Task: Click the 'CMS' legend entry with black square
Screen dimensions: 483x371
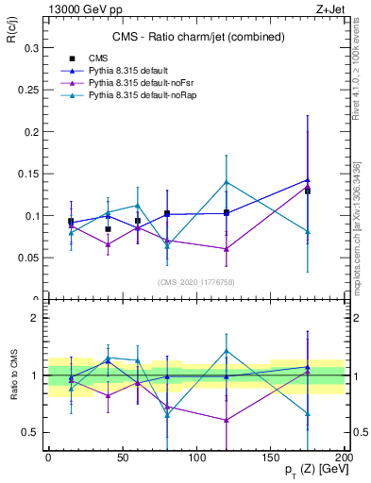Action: [98, 58]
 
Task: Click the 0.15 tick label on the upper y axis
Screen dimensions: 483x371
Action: [25, 174]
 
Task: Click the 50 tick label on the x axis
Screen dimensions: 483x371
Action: [123, 457]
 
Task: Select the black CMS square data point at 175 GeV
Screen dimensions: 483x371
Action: [308, 192]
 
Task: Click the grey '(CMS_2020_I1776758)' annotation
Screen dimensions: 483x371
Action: [195, 281]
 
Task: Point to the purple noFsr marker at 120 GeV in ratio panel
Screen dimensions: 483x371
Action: [227, 420]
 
